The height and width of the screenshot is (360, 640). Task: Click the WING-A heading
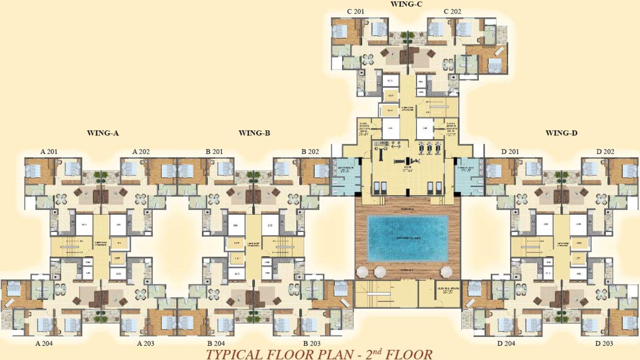point(103,133)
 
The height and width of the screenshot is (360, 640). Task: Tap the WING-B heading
point(254,133)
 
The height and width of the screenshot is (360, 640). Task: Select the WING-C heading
point(406,4)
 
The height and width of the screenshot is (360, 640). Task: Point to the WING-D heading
point(561,133)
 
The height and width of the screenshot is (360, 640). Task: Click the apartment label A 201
point(49,152)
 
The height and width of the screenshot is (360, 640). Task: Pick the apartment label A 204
point(45,343)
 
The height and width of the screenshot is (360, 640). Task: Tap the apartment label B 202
point(310,152)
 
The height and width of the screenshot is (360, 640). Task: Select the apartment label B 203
point(312,343)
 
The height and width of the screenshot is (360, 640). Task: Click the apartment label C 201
point(356,11)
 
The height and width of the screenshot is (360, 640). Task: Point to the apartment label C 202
point(452,11)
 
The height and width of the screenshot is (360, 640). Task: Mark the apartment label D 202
point(605,152)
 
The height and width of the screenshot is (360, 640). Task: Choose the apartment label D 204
point(506,343)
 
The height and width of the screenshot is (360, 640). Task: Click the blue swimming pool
point(407,238)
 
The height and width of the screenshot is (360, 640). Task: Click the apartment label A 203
point(146,343)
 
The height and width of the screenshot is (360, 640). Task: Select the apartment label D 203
point(605,343)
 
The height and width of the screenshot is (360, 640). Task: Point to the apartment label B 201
point(214,152)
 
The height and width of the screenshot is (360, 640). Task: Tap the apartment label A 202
point(141,152)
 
